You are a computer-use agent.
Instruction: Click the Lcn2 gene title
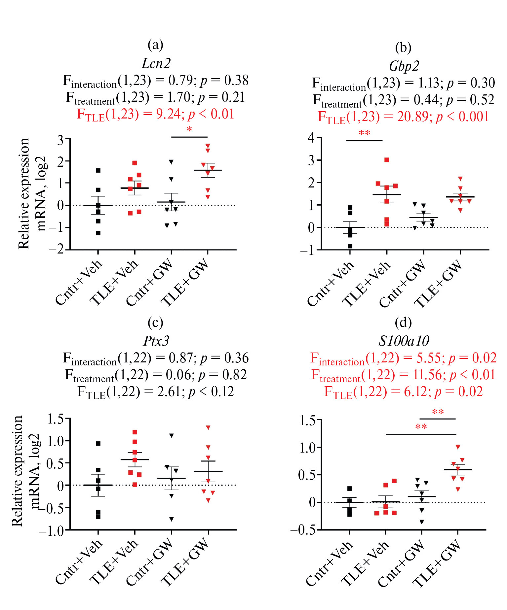pyautogui.click(x=156, y=63)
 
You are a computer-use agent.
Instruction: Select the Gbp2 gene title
pyautogui.click(x=404, y=66)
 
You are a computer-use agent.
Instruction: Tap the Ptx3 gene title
pyautogui.click(x=156, y=341)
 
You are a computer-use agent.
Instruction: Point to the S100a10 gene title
pyautogui.click(x=404, y=341)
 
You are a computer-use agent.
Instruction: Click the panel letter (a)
pyautogui.click(x=155, y=45)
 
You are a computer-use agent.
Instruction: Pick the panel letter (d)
pyautogui.click(x=403, y=322)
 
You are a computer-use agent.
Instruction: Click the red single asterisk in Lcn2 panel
pyautogui.click(x=189, y=129)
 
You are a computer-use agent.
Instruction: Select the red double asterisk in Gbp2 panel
pyautogui.click(x=364, y=133)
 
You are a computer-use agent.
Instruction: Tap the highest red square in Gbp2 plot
pyautogui.click(x=387, y=160)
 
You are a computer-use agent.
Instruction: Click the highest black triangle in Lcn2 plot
pyautogui.click(x=171, y=162)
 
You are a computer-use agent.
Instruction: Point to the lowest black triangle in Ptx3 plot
pyautogui.click(x=172, y=519)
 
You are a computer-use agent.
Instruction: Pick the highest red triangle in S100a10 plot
pyautogui.click(x=458, y=447)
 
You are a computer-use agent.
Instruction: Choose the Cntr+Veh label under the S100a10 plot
pyautogui.click(x=330, y=563)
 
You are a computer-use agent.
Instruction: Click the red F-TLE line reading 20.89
pyautogui.click(x=403, y=117)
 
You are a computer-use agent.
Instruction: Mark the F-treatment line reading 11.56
pyautogui.click(x=403, y=375)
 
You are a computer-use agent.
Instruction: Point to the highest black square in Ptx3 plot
pyautogui.click(x=98, y=444)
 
